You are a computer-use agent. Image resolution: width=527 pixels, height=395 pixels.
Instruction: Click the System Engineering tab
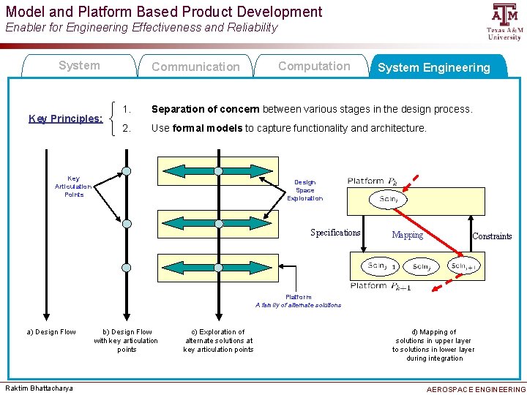tap(433, 67)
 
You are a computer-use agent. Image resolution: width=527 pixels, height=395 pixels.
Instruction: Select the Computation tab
tap(314, 66)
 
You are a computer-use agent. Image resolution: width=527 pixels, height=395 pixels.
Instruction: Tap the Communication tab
tap(195, 67)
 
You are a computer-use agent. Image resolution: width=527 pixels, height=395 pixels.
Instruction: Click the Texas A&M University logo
tap(504, 21)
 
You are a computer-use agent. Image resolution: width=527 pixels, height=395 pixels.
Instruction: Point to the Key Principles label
tap(65, 118)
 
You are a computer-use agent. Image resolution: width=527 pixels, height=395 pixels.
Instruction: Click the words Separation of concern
tap(205, 109)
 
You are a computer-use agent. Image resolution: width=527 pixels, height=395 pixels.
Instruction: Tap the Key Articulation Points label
tap(73, 187)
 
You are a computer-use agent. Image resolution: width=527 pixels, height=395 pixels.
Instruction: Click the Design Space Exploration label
tap(304, 190)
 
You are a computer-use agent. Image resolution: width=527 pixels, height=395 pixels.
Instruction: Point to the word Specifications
tap(335, 233)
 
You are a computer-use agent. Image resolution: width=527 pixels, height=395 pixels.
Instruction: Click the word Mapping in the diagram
tap(407, 235)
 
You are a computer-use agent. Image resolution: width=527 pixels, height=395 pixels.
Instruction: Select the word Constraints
tap(492, 236)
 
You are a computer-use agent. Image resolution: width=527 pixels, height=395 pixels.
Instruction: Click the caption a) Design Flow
tap(51, 332)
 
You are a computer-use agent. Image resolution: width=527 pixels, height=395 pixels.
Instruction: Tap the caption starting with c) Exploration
tap(218, 341)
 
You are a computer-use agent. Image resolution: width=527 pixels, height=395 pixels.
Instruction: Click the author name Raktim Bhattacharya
tap(40, 388)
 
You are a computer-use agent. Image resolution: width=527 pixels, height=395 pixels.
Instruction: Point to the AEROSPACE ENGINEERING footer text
tap(476, 389)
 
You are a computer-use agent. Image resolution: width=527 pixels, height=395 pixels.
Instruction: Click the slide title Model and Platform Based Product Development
tap(164, 12)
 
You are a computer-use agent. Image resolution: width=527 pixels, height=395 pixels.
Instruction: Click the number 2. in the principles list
tap(127, 128)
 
